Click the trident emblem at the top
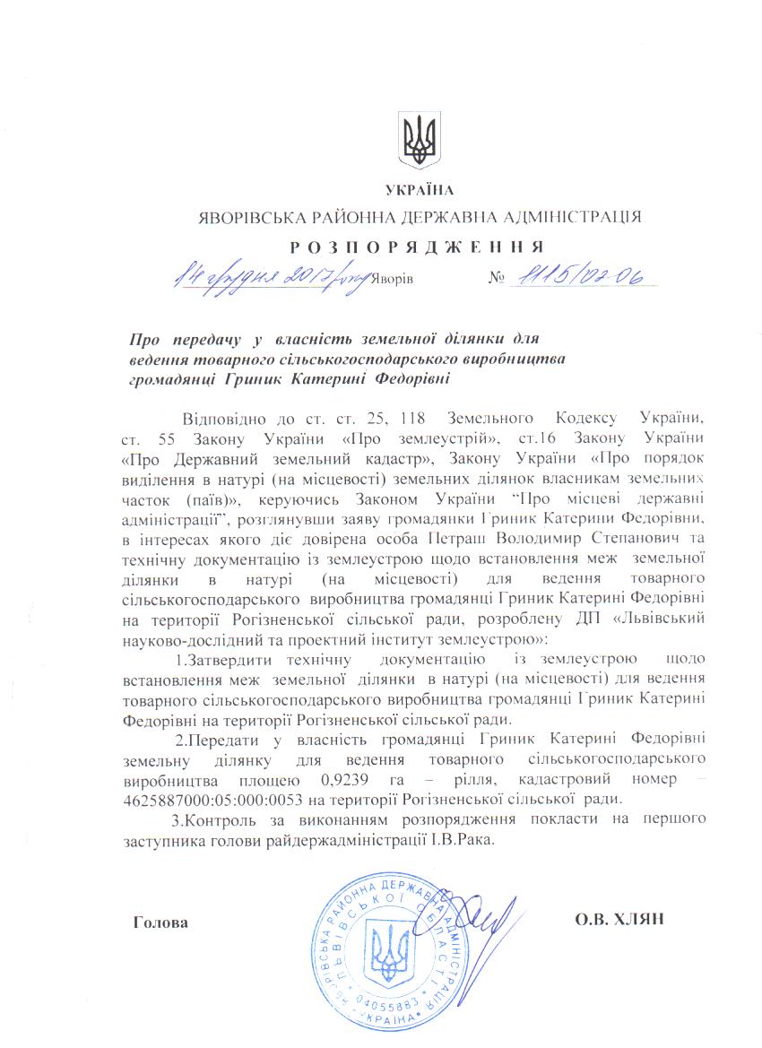tap(419, 141)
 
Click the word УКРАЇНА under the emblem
tap(420, 189)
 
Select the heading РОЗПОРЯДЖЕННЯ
tap(418, 247)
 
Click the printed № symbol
tap(495, 279)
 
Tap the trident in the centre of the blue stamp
tap(388, 953)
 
